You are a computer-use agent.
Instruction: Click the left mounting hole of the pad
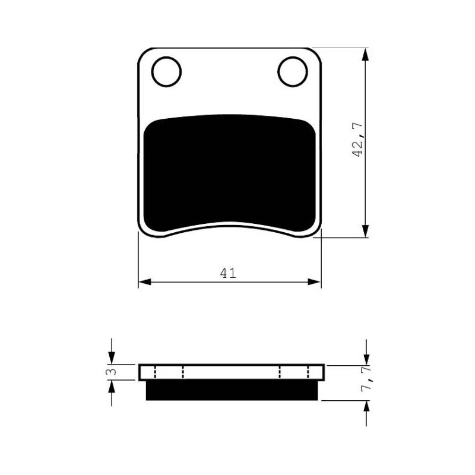(x=166, y=72)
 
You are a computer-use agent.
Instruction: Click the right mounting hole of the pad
(x=293, y=72)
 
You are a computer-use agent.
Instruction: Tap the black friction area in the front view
(x=229, y=173)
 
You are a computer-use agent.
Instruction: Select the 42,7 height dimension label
(x=358, y=140)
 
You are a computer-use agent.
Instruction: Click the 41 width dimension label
(x=228, y=273)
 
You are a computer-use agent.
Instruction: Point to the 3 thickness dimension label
(x=112, y=372)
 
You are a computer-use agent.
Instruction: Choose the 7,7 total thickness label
(x=366, y=379)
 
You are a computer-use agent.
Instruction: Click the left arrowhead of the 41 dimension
(x=145, y=282)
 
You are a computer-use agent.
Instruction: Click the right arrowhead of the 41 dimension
(x=314, y=282)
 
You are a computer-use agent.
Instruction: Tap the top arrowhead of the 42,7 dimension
(x=366, y=55)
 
